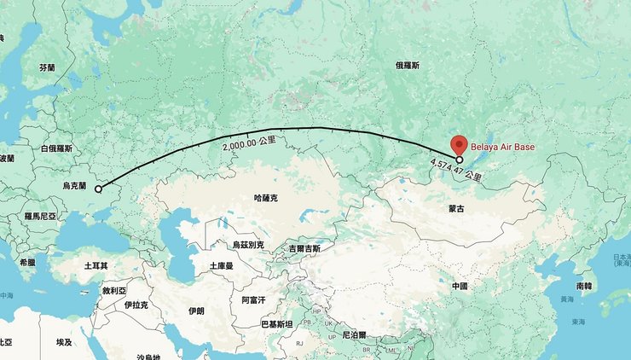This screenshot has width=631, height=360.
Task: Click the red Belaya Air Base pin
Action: (459, 145)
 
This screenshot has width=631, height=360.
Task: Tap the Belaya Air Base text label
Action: (503, 148)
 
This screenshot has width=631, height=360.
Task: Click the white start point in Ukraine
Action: (97, 188)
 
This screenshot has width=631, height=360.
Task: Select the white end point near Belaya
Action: (460, 160)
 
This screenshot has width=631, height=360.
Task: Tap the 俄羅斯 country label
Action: (408, 65)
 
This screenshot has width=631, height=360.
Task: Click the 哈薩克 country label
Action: (266, 198)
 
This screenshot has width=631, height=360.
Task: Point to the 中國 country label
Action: (460, 286)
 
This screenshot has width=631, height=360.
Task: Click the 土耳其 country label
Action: (96, 266)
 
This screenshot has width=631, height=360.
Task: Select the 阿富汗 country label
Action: (253, 300)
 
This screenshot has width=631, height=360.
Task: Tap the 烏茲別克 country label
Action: (248, 245)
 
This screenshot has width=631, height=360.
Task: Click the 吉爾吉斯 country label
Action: (304, 248)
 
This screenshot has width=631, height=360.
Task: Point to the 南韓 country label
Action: (584, 286)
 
